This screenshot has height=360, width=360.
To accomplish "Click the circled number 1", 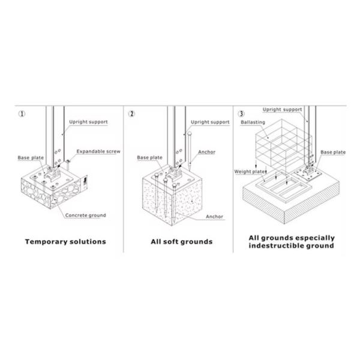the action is coord(22,113).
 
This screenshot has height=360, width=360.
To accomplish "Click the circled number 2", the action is coord(131,113).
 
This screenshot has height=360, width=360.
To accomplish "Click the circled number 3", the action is coord(241,113).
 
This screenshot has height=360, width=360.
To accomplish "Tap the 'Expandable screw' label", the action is coord(98,152).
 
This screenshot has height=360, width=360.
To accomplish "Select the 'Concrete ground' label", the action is coord(85,215).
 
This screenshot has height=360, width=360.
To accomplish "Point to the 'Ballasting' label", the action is coord(253,122).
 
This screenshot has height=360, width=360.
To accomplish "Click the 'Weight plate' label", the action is coord(250,172).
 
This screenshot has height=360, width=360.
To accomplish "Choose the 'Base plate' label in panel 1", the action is coord(31,158).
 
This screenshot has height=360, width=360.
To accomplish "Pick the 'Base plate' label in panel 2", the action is coord(149,157).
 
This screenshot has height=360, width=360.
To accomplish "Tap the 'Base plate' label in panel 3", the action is coord(333,152).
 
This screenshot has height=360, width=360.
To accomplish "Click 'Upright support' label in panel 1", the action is coord(88,122).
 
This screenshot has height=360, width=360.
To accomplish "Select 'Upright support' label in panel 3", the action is coord(282,110).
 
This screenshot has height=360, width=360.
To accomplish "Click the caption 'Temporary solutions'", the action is coord(65,242).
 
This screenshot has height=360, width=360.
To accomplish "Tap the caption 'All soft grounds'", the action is coord(182,242).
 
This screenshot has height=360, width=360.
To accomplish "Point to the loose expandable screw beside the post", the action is coord(68,164).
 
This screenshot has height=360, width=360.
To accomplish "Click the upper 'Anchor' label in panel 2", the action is coord(206,152).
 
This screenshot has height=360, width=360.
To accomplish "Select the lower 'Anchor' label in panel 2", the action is coord(214,217).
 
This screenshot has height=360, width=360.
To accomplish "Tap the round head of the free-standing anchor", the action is coord(189,133).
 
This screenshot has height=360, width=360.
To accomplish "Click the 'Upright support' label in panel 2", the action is coord(210,122).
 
